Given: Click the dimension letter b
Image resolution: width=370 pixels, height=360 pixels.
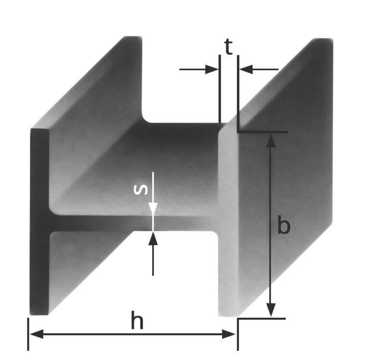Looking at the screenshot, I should coord(284,226).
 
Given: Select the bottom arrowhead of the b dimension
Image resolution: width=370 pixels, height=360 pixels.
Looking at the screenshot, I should coord(271,309).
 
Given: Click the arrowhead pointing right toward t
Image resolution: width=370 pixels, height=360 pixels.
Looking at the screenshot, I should coord(211,69).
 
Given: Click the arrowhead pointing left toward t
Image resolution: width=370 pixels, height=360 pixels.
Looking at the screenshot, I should coord(246,69).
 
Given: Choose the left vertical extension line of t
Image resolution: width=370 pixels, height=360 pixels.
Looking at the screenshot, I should coord(220,89).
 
